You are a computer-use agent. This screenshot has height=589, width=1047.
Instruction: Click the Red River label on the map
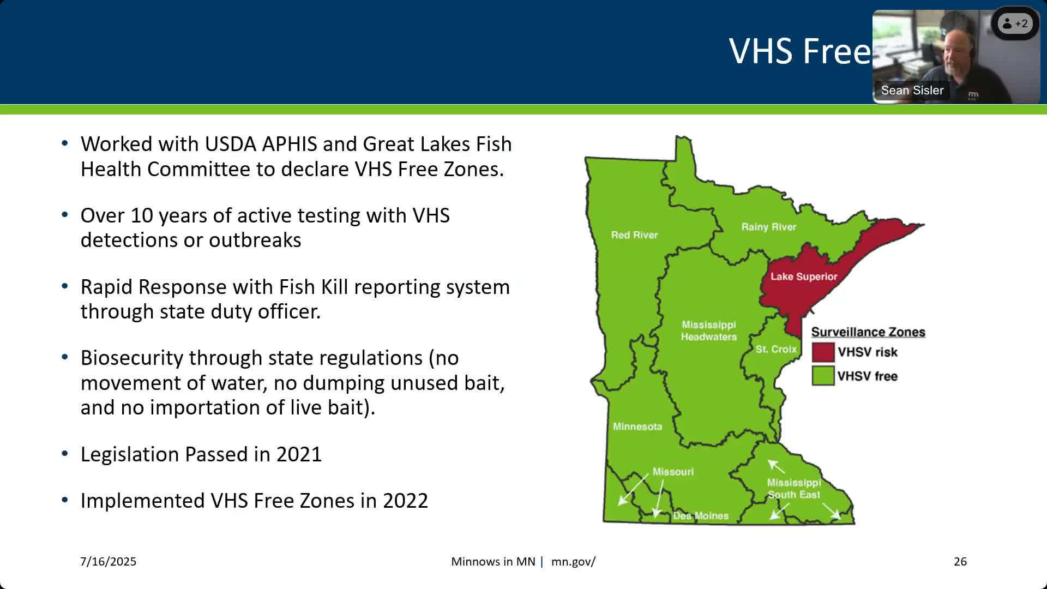point(634,235)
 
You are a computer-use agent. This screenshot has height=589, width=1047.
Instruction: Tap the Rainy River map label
point(769,227)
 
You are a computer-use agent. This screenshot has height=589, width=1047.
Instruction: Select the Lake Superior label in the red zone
point(804,277)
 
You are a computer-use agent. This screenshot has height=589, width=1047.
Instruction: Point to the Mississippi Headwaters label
point(709,330)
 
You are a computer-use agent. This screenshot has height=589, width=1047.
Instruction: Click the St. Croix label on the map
point(776,349)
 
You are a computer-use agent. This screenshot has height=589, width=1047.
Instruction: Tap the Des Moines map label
point(701,516)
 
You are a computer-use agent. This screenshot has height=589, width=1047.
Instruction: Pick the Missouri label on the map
point(673,472)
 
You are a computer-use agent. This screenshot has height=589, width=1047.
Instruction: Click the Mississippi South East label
point(794,489)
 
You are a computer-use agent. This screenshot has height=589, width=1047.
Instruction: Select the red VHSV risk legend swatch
point(823,352)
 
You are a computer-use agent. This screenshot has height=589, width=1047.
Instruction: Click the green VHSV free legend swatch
point(823,376)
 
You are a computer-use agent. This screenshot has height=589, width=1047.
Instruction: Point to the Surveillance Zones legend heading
point(868,332)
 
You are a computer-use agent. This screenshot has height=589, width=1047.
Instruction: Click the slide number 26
point(960,562)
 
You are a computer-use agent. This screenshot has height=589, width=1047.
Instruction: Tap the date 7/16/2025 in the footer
point(108,562)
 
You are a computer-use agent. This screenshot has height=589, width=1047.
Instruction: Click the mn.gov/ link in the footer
point(573,562)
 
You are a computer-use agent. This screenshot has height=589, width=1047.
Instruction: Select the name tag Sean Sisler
point(912,91)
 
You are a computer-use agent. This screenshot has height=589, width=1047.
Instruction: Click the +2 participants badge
point(1015,23)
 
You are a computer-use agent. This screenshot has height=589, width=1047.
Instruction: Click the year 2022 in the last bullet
point(405,501)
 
